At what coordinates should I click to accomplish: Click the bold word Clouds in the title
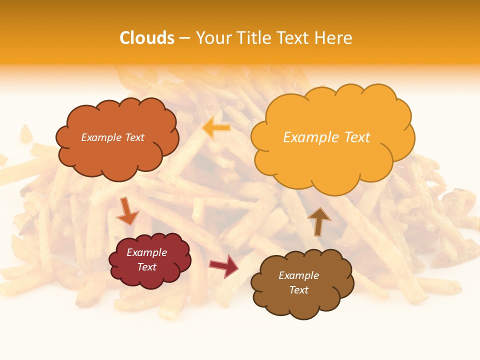click(x=147, y=38)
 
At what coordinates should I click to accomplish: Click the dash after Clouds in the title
click(x=185, y=38)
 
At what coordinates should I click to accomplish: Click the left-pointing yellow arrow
click(x=216, y=128)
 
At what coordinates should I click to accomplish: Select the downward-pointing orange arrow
click(x=127, y=211)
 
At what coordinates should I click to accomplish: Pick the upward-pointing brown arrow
click(x=319, y=221)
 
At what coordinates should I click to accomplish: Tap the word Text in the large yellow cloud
click(x=357, y=137)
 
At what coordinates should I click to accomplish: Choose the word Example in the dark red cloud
click(x=147, y=252)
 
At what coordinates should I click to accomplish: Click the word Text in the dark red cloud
click(x=147, y=267)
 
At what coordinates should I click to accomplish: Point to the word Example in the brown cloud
click(x=298, y=275)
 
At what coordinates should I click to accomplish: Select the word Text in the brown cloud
click(x=298, y=290)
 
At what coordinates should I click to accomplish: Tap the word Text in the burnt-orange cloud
click(x=134, y=137)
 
